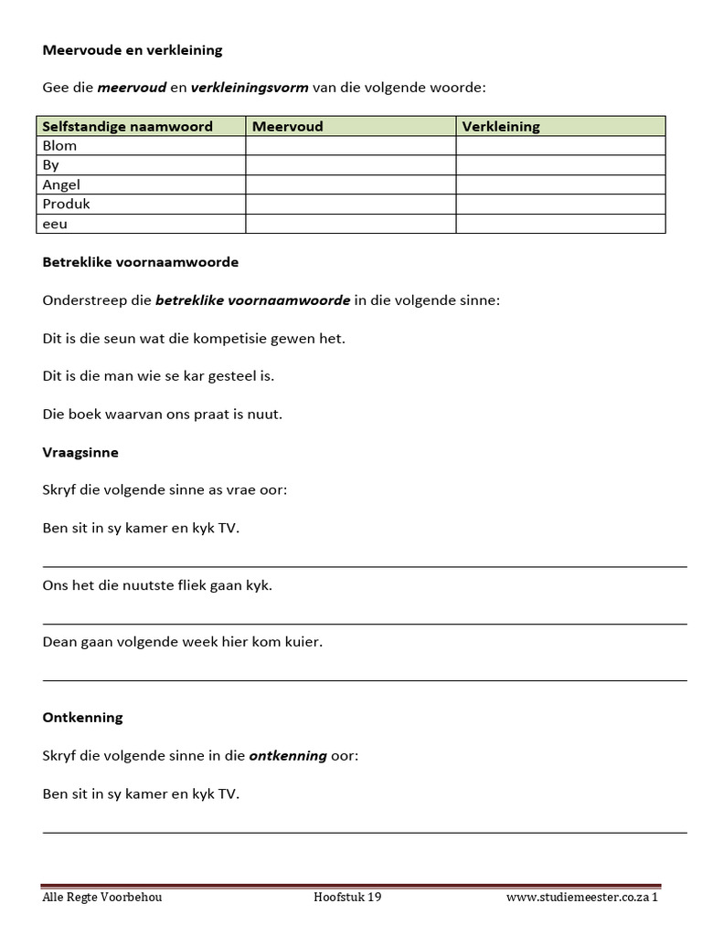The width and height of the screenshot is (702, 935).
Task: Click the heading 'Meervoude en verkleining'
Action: pos(133,50)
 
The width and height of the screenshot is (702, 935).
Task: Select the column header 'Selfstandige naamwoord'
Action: pos(128,126)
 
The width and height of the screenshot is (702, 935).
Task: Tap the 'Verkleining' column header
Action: pos(501,126)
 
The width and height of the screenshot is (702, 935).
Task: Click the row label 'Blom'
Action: pos(60,145)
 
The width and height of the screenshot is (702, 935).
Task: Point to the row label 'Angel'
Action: pos(62,184)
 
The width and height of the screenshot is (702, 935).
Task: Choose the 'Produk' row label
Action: pos(67,204)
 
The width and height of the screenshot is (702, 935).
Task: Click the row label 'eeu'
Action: pos(55,224)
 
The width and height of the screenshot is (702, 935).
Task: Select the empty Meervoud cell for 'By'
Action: pos(350,165)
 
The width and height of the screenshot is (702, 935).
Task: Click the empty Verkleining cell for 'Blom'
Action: pos(559,145)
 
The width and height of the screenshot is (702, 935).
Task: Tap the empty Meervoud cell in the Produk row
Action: pos(350,204)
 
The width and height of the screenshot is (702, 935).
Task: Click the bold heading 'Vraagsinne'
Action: pos(80,452)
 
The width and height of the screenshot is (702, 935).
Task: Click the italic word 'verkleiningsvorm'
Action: pos(249,89)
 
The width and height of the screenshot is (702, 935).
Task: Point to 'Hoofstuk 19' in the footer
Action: pos(347,897)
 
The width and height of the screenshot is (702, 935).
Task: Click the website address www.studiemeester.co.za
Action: pos(578,897)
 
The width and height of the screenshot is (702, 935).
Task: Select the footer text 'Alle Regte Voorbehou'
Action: pos(102,897)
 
